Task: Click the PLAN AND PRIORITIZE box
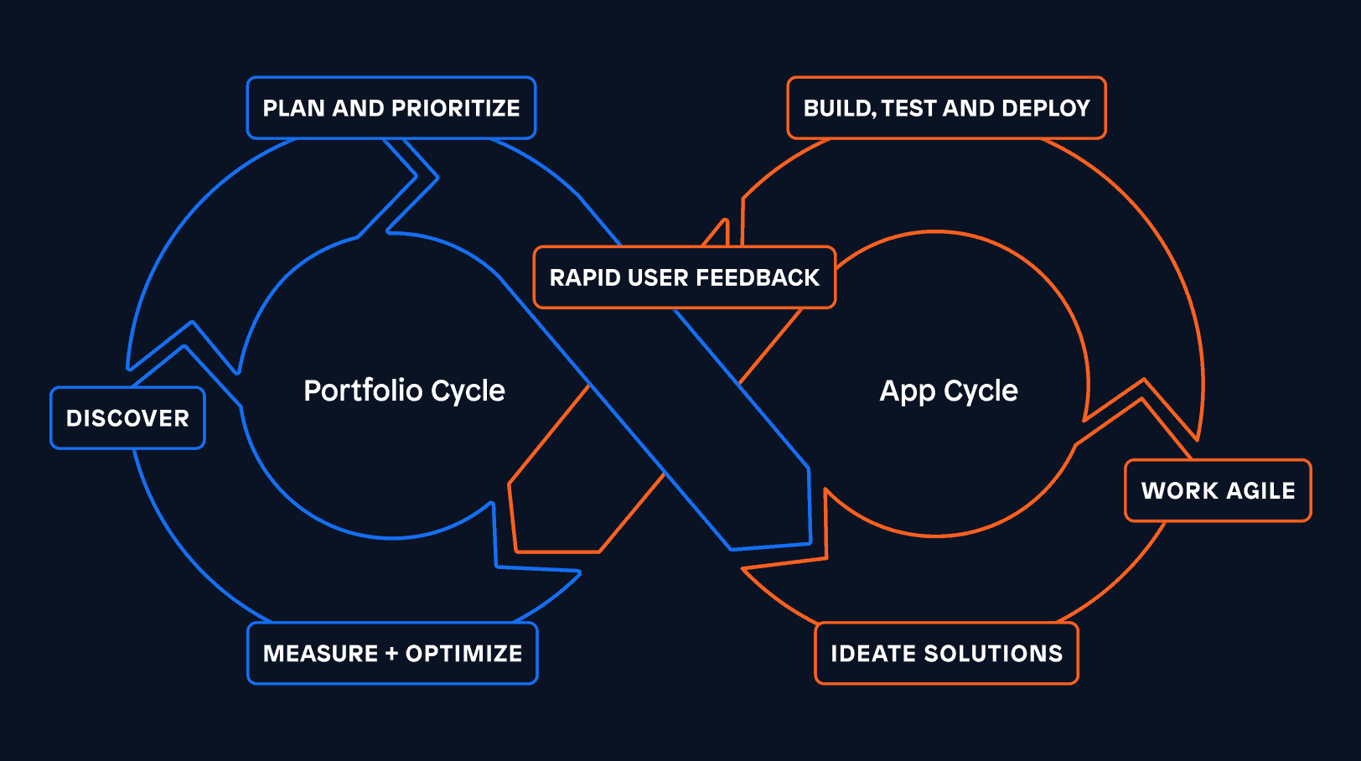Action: click(391, 108)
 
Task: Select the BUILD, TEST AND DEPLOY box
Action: click(946, 108)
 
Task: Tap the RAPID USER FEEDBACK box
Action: click(684, 277)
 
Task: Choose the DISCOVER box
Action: click(127, 418)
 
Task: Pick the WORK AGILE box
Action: click(1218, 490)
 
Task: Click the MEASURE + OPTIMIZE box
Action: click(392, 654)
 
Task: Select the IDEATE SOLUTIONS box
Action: click(946, 654)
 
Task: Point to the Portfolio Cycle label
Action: click(404, 391)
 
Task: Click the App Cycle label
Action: click(949, 391)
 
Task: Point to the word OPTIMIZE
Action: click(463, 654)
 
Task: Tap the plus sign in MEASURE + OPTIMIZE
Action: click(391, 654)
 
